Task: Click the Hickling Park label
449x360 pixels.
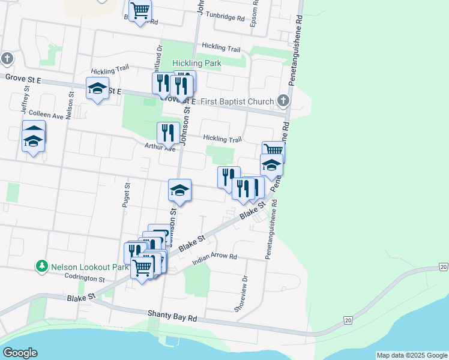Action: tap(197, 63)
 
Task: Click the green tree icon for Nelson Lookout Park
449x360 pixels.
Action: tap(41, 265)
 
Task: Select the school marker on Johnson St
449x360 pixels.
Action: tap(179, 190)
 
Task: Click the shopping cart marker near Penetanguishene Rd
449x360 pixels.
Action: tap(273, 151)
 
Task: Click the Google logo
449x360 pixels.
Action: tap(20, 353)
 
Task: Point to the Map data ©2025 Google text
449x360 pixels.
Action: tap(411, 355)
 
